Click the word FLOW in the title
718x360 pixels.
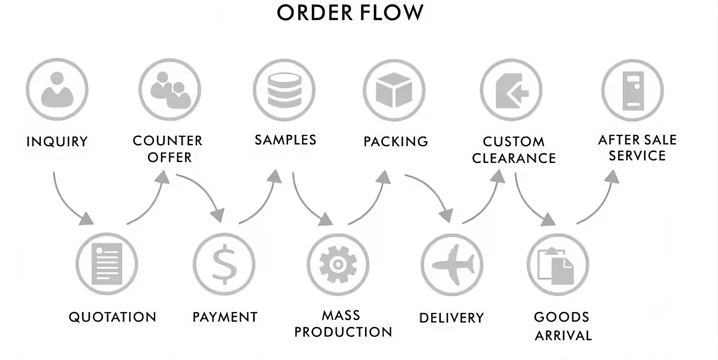(x=392, y=13)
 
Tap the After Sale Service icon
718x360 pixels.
(x=633, y=90)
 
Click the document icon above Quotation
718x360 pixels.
(x=107, y=264)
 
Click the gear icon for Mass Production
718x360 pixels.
(x=338, y=264)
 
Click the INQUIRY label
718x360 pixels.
(x=57, y=141)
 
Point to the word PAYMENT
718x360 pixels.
(x=225, y=317)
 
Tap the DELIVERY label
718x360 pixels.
(x=451, y=318)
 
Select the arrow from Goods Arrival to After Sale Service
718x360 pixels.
(x=599, y=201)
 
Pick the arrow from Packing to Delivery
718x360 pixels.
(x=432, y=195)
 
